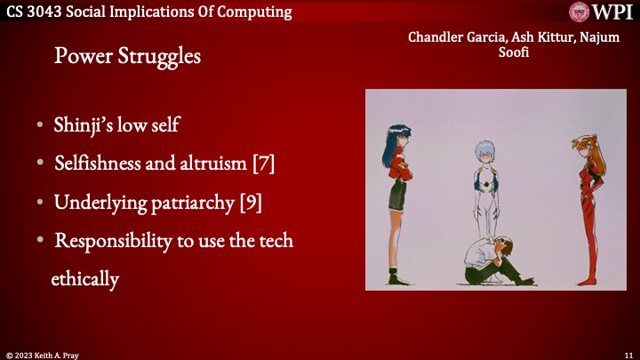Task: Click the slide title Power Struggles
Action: pyautogui.click(x=127, y=56)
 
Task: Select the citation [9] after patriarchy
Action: pyautogui.click(x=250, y=202)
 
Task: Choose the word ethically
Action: pyautogui.click(x=84, y=278)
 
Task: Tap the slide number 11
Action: pyautogui.click(x=628, y=354)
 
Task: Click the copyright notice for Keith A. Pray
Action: pyautogui.click(x=43, y=354)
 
